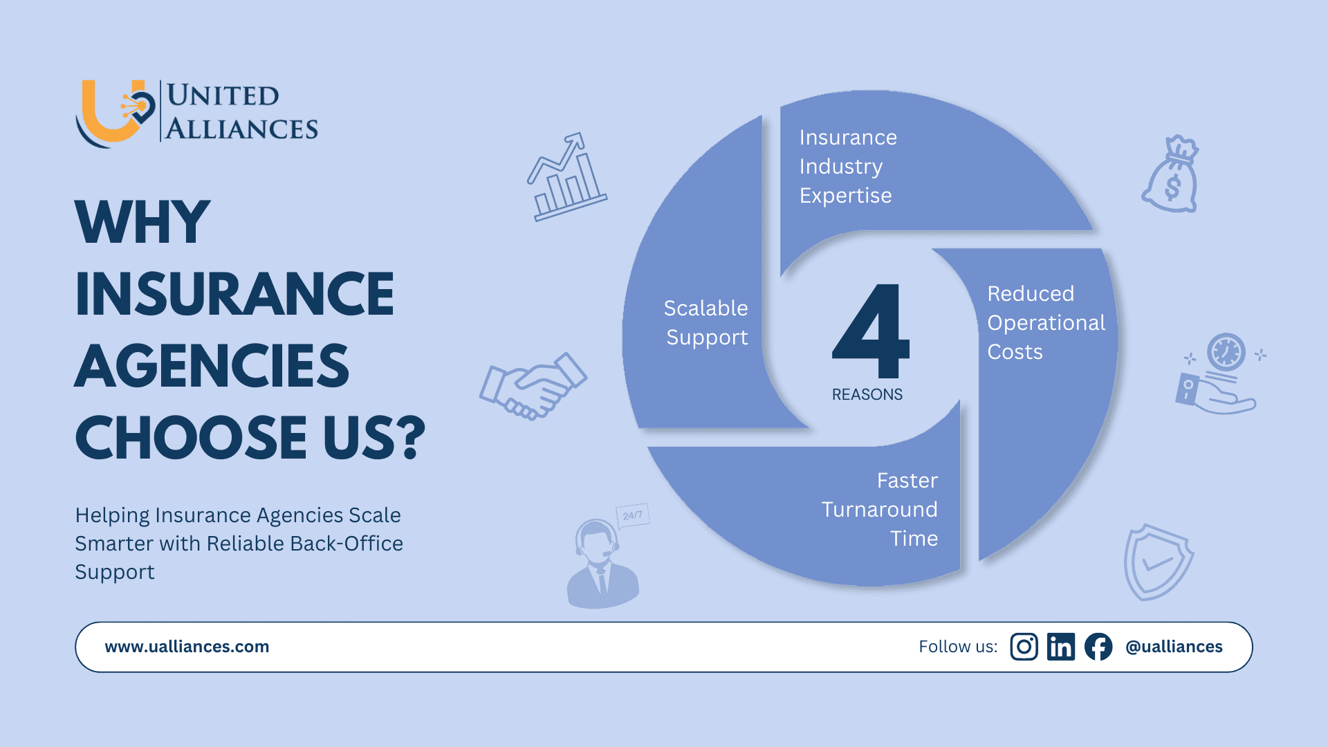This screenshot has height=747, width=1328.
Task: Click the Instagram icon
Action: click(1024, 647)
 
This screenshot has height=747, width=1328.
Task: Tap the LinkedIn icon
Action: click(1060, 647)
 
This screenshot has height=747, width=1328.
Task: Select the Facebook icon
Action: click(1098, 647)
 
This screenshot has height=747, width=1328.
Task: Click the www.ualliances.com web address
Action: click(187, 647)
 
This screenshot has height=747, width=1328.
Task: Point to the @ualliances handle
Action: click(1174, 647)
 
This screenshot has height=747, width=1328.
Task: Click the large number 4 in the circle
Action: click(871, 332)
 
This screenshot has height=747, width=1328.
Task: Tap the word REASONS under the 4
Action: click(867, 394)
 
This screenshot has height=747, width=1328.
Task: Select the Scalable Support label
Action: click(706, 322)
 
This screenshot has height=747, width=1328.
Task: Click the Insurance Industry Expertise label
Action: click(848, 167)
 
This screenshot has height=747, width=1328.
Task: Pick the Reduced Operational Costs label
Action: click(1046, 322)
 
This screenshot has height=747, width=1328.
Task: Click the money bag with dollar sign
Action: click(1171, 176)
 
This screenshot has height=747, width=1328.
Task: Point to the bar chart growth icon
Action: click(566, 178)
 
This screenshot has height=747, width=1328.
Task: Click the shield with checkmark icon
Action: click(1157, 562)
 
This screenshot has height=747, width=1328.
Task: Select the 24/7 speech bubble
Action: click(632, 515)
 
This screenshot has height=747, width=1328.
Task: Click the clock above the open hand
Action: click(1226, 352)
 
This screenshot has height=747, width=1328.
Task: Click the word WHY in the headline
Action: click(142, 222)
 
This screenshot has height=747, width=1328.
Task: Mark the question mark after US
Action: click(413, 437)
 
